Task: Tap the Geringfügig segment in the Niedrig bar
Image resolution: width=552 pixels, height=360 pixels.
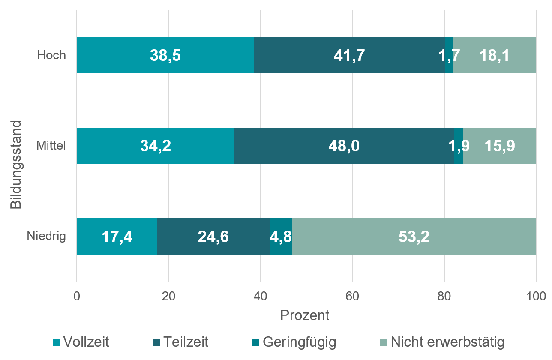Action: (x=281, y=237)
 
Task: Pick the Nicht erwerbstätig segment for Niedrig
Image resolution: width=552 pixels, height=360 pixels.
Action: (x=414, y=237)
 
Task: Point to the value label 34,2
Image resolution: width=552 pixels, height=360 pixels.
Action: (x=156, y=146)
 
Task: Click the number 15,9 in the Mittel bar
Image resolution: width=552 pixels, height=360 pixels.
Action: (x=500, y=146)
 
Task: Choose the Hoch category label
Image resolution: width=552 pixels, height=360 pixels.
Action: (x=51, y=55)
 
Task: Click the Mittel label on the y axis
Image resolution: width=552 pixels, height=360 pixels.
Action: (x=51, y=146)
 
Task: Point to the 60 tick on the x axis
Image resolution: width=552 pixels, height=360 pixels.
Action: (x=352, y=296)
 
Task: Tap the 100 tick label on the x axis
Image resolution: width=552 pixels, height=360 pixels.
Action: (x=536, y=296)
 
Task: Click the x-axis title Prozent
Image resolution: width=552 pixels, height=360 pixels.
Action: (x=305, y=315)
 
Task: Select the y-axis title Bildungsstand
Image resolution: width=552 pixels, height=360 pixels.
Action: (x=16, y=165)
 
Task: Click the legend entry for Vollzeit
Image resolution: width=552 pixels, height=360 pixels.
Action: (x=81, y=342)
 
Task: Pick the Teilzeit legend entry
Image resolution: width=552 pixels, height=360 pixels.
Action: (x=181, y=342)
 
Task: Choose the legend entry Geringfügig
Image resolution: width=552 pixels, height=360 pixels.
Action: (x=294, y=342)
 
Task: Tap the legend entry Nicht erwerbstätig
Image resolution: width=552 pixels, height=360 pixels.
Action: (x=442, y=342)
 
